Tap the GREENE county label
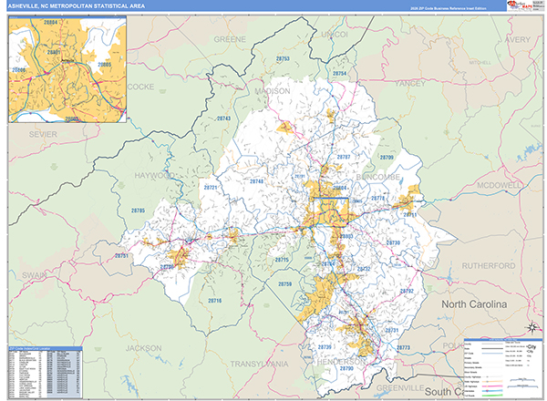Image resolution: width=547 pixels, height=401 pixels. click(x=231, y=40)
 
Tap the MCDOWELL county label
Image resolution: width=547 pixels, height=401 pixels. click(x=499, y=184)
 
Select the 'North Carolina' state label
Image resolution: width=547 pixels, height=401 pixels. click(x=481, y=303)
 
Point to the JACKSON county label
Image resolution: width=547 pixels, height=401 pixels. click(x=144, y=348)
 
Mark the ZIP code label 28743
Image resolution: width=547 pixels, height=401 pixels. click(x=224, y=119)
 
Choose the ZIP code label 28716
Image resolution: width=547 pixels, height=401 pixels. click(x=215, y=300)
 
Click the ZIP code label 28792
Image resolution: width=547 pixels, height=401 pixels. click(x=407, y=291)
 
